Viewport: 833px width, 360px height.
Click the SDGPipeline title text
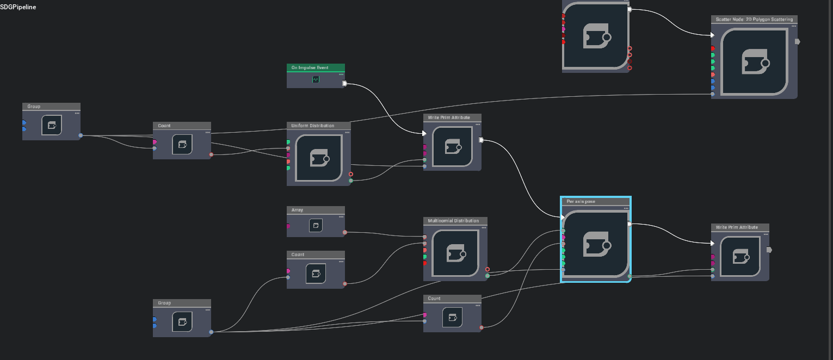pyautogui.click(x=18, y=7)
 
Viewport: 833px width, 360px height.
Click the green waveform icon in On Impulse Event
pyautogui.click(x=316, y=79)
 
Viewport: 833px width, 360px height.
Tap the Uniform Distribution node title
pyautogui.click(x=313, y=126)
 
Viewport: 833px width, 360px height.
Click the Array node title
pyautogui.click(x=297, y=210)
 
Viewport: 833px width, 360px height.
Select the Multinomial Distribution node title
pyautogui.click(x=453, y=221)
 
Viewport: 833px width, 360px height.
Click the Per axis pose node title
pyautogui.click(x=581, y=201)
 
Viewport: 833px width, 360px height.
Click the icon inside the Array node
pyautogui.click(x=316, y=225)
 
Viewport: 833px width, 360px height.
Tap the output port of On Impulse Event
pyautogui.click(x=344, y=83)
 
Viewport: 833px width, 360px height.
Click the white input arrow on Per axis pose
pyautogui.click(x=563, y=217)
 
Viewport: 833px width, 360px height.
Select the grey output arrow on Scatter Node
pyautogui.click(x=797, y=41)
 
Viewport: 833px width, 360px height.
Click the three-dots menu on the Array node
pyautogui.click(x=341, y=216)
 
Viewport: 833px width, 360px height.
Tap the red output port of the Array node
pyautogui.click(x=344, y=232)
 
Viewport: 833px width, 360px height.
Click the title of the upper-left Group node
pyautogui.click(x=34, y=107)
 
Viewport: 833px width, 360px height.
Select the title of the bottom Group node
pyautogui.click(x=164, y=303)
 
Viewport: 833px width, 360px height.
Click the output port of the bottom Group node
pyautogui.click(x=211, y=332)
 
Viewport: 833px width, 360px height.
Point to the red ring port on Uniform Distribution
pyautogui.click(x=351, y=174)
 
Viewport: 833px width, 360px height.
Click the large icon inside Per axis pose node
pyautogui.click(x=596, y=245)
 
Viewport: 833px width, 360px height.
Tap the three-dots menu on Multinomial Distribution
pyautogui.click(x=484, y=227)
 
